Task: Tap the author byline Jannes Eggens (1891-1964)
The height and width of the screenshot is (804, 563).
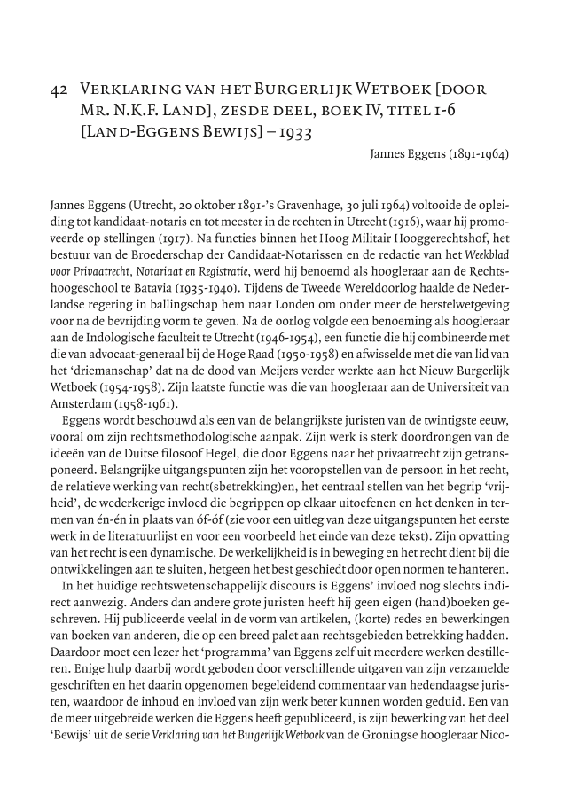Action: point(439,154)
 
